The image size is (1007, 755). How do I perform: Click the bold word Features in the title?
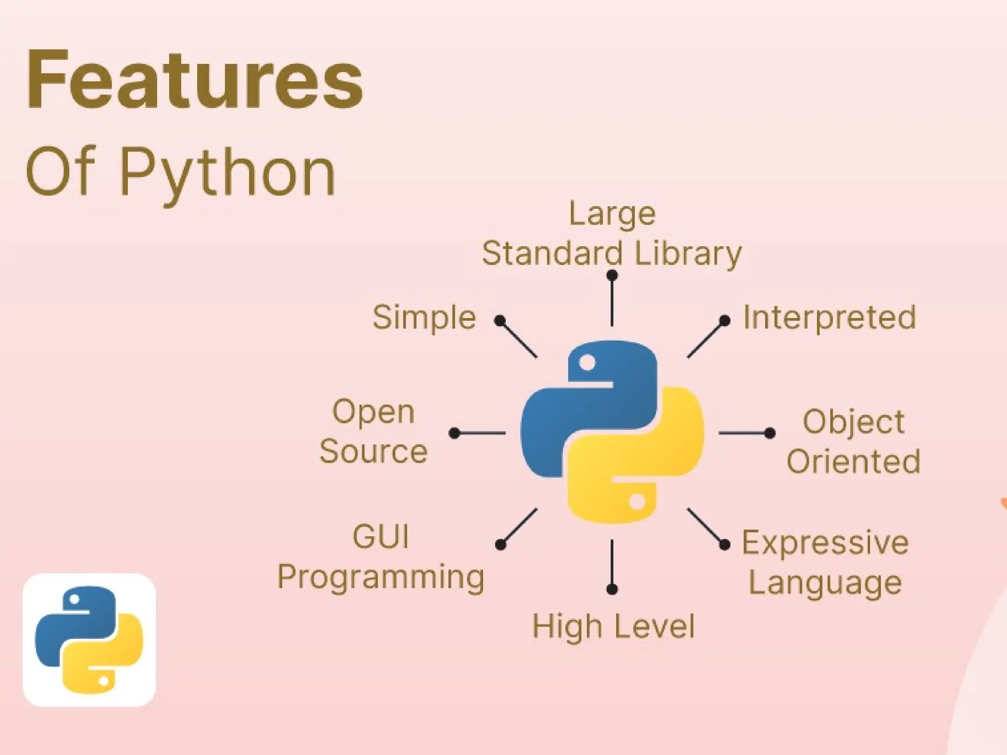click(195, 80)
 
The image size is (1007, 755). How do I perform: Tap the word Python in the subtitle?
click(228, 172)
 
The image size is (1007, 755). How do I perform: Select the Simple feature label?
click(424, 318)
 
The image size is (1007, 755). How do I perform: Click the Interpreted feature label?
click(829, 318)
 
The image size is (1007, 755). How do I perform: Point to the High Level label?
click(613, 627)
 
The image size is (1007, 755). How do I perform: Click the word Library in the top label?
click(688, 254)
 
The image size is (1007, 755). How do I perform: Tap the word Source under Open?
click(374, 451)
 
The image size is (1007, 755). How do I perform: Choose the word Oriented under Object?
click(853, 461)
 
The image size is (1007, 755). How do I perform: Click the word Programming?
click(381, 577)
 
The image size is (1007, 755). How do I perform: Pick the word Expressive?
click(825, 543)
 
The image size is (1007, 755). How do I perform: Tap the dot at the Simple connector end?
click(500, 321)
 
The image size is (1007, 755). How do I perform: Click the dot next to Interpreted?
click(724, 321)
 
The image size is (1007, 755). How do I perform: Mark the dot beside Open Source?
click(455, 433)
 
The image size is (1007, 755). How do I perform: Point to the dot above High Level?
click(612, 589)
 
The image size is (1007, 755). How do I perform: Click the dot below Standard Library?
click(612, 276)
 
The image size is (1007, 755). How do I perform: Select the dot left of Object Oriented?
click(770, 433)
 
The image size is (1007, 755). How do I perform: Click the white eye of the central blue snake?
click(587, 363)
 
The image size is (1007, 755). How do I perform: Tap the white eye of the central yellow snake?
click(637, 502)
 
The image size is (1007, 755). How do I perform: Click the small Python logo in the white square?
click(89, 639)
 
